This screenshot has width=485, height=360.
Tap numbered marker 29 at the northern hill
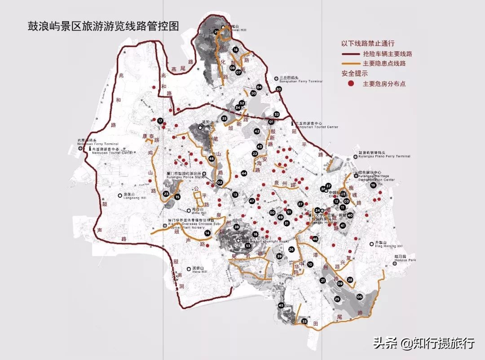coord(217,31)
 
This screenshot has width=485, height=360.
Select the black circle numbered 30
coord(278,89)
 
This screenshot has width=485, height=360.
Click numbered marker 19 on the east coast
coord(373,185)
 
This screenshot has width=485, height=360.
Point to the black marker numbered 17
coord(160,120)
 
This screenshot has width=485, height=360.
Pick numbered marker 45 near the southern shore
coord(281,306)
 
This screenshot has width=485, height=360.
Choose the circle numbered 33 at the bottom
coord(304,322)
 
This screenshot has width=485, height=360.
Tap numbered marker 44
coord(244,173)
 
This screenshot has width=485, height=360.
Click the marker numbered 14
coord(207,233)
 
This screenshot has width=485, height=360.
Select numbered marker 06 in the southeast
coord(359,297)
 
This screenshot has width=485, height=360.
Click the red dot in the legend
coord(351,84)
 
